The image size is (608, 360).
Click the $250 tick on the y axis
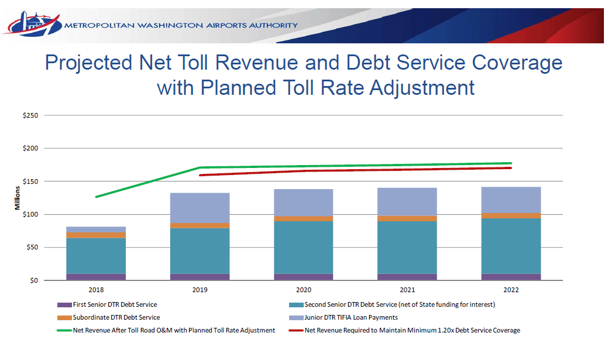point(30,115)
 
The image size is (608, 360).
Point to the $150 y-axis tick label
point(30,181)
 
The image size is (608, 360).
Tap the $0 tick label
point(34,280)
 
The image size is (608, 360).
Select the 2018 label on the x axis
point(96,290)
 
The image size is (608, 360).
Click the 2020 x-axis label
point(304,290)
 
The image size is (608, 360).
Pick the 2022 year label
point(511,290)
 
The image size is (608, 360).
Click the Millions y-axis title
point(18,198)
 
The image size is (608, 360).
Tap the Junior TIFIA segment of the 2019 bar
point(200,208)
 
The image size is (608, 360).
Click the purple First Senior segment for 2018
point(96,277)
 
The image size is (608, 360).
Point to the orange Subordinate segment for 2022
point(511,216)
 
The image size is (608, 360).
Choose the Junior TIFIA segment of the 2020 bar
point(304,203)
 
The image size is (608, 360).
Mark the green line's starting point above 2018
point(96,197)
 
